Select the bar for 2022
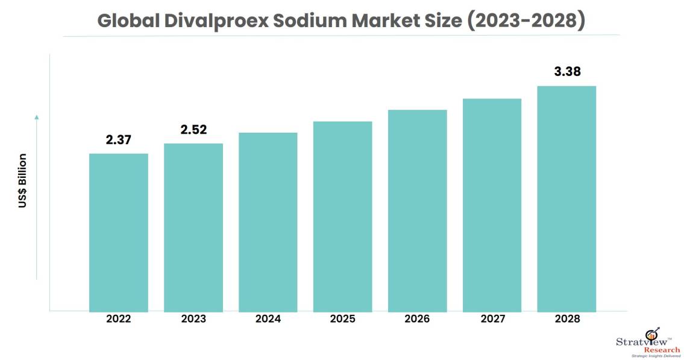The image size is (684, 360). [x=119, y=232]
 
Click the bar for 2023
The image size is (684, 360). [x=193, y=227]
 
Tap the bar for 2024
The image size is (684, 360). [x=268, y=222]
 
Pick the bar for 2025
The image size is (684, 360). [x=343, y=216]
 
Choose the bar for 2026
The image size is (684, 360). [x=418, y=210]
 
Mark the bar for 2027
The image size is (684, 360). [x=492, y=205]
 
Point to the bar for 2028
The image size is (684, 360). [x=566, y=198]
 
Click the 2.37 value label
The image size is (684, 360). [x=119, y=140]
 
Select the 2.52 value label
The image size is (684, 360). [x=193, y=130]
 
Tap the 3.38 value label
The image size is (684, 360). [x=566, y=72]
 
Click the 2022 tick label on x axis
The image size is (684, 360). [x=119, y=319]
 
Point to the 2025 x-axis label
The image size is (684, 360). [x=343, y=319]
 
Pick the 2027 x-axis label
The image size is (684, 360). [x=492, y=319]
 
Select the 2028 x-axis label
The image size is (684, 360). [x=566, y=319]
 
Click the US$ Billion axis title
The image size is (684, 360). [x=22, y=181]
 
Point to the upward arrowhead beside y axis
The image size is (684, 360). [x=37, y=116]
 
